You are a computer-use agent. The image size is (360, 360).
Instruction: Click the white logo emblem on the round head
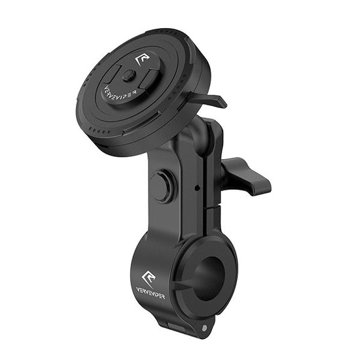click(x=142, y=60)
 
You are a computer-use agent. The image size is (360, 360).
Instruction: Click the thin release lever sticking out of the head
click(x=207, y=99)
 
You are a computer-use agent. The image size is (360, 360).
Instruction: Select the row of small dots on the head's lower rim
click(x=99, y=131)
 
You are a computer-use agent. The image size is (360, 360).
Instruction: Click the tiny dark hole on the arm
click(x=197, y=188)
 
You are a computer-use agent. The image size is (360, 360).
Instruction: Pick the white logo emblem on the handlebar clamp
click(x=149, y=278)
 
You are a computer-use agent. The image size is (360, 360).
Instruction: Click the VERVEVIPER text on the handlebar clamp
click(x=151, y=293)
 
